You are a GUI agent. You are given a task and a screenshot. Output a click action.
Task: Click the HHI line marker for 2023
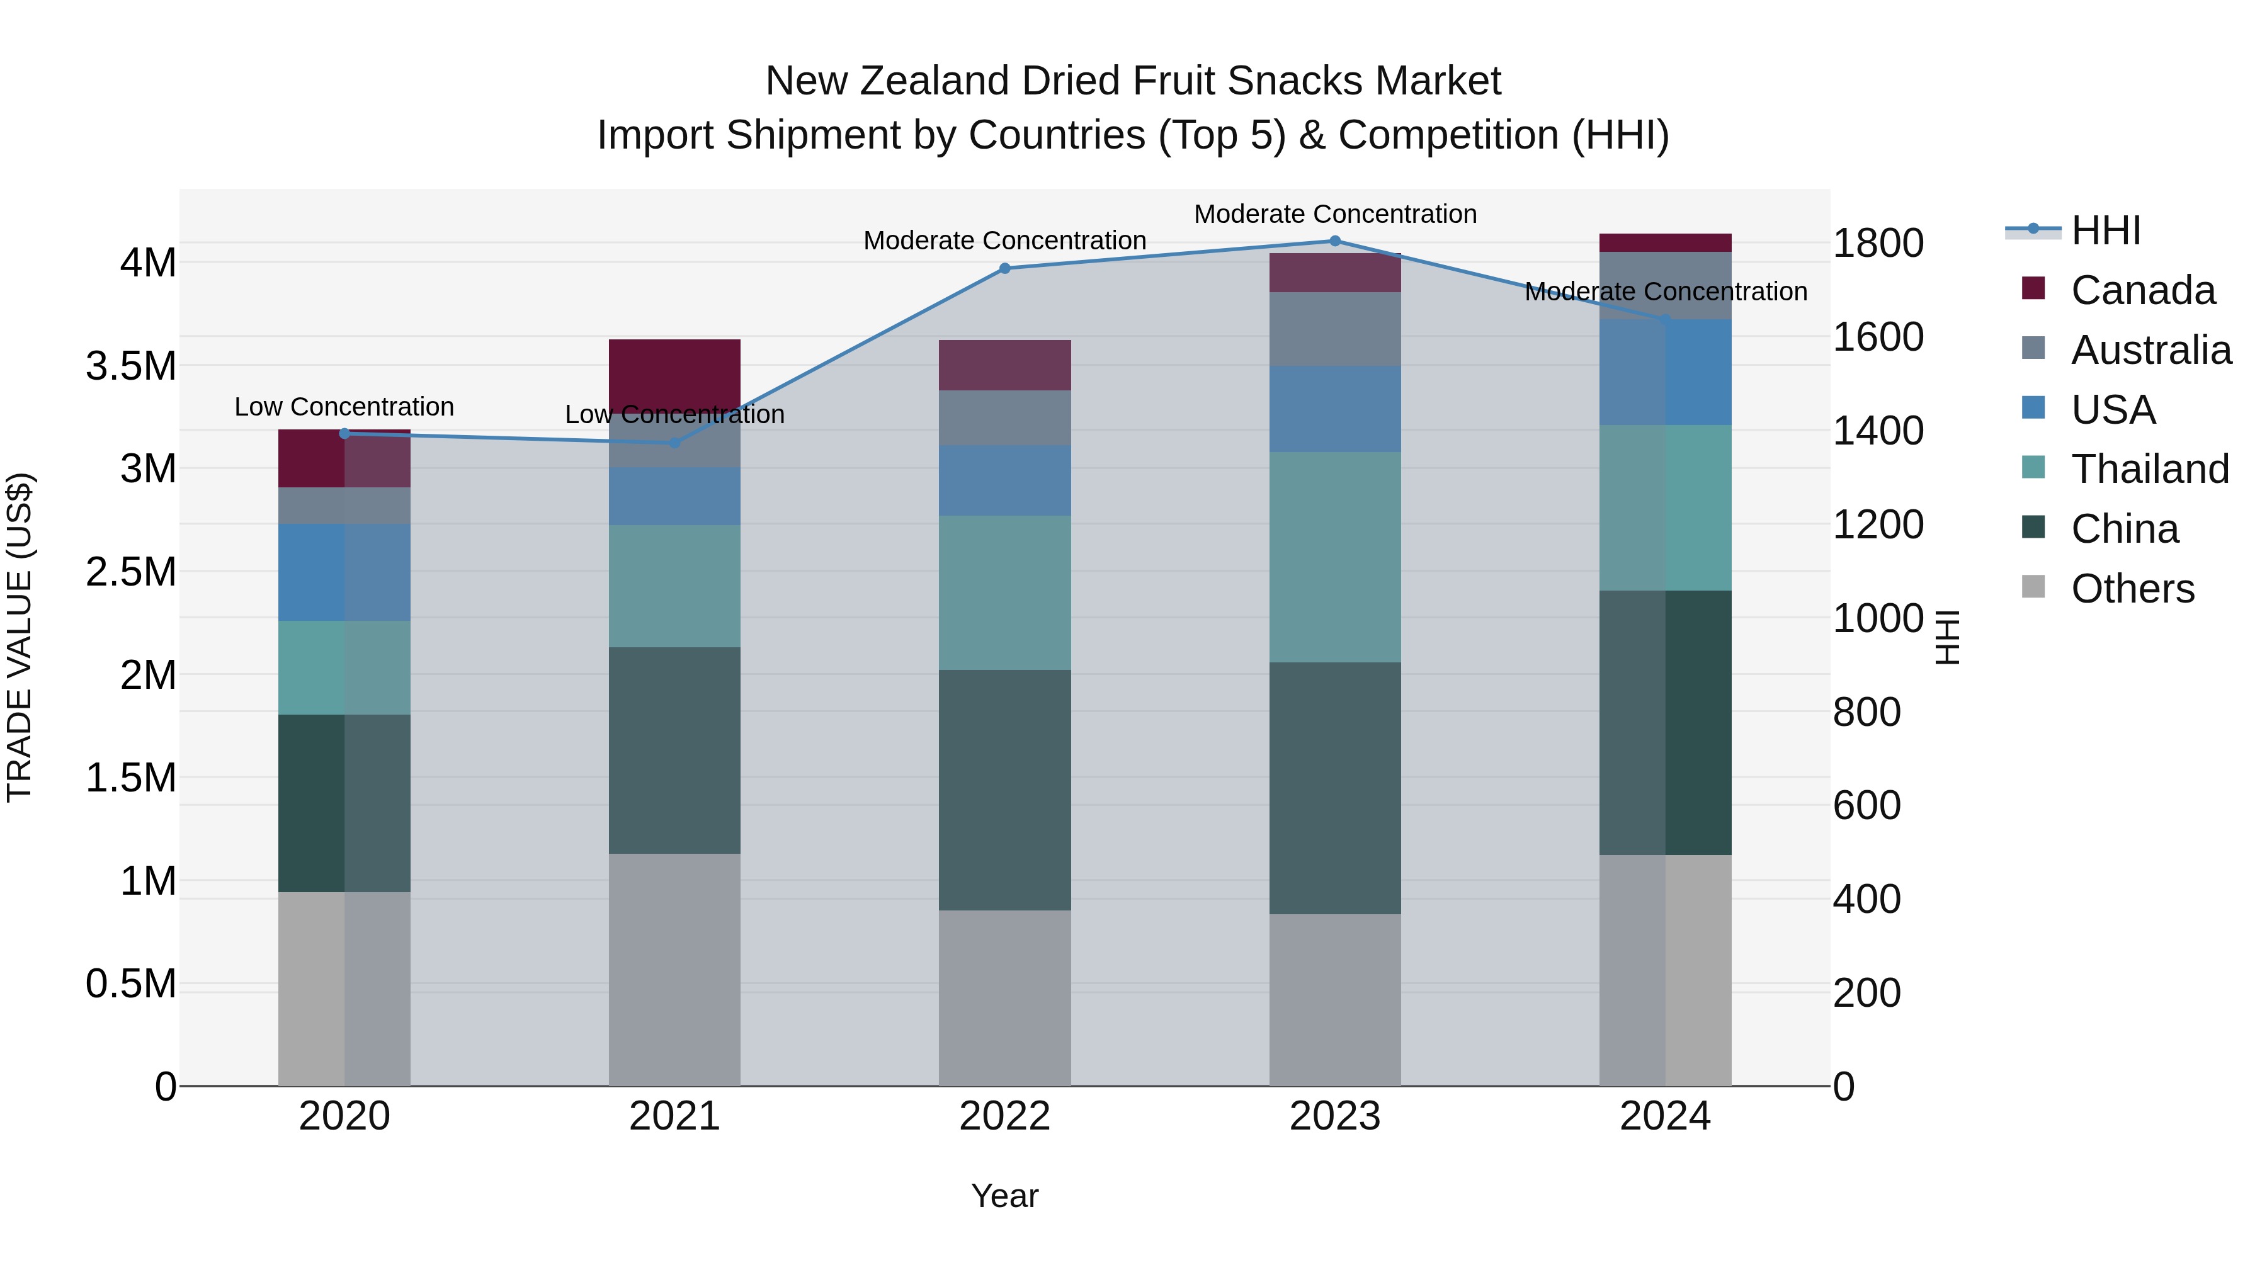click(x=1334, y=241)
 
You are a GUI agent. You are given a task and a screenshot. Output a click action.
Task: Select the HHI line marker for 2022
click(x=1004, y=268)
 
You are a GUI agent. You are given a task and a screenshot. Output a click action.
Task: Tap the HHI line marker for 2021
click(x=674, y=443)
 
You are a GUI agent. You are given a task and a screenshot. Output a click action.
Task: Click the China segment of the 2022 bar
click(x=1004, y=790)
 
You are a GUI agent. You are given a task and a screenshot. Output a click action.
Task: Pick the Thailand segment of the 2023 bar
click(x=1334, y=557)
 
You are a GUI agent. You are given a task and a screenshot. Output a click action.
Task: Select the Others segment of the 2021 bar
click(x=674, y=969)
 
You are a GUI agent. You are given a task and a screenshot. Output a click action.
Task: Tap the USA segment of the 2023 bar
click(x=1334, y=409)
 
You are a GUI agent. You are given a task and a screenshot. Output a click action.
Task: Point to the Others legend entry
click(x=2132, y=589)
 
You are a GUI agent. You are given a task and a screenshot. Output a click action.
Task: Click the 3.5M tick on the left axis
click(x=131, y=366)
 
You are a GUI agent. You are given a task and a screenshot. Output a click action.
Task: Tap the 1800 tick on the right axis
click(x=1877, y=244)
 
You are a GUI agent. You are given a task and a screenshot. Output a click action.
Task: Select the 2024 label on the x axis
click(x=1664, y=1116)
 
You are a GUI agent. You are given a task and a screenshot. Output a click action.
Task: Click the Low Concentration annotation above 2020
click(x=344, y=407)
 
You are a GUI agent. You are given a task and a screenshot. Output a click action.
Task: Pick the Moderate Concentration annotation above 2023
click(x=1334, y=214)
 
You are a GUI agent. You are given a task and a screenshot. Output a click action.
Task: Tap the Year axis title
click(x=1004, y=1196)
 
